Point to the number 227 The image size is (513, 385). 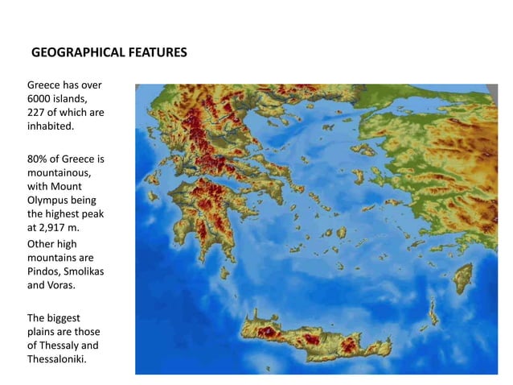tap(37, 112)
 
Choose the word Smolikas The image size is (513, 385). tap(83, 271)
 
